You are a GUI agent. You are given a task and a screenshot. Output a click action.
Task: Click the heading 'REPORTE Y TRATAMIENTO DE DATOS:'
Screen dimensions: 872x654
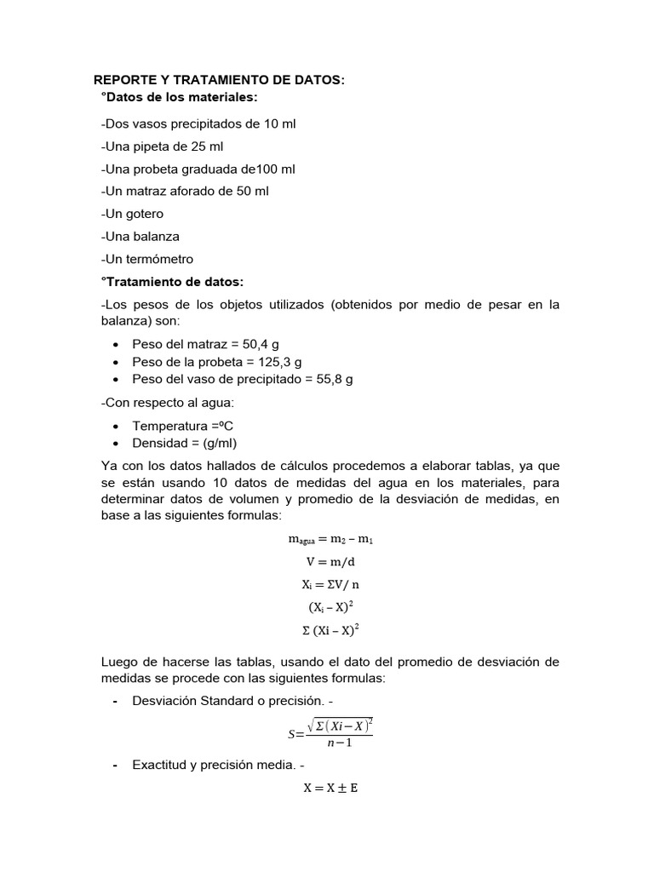[220, 80]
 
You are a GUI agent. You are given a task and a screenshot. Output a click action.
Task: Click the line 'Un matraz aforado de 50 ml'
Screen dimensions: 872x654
[185, 192]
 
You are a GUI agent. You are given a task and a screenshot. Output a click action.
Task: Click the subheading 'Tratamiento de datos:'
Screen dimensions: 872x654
[172, 281]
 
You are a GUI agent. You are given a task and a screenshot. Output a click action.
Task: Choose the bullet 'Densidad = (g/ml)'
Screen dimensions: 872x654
[185, 443]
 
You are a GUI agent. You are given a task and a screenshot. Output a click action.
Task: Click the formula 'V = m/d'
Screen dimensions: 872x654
[330, 562]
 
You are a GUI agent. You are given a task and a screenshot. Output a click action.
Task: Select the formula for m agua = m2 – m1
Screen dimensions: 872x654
[330, 540]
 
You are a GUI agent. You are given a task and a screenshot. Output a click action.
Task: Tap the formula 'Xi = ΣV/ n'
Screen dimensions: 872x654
[330, 585]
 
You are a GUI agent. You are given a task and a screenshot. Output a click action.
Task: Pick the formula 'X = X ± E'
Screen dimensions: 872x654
[330, 788]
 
